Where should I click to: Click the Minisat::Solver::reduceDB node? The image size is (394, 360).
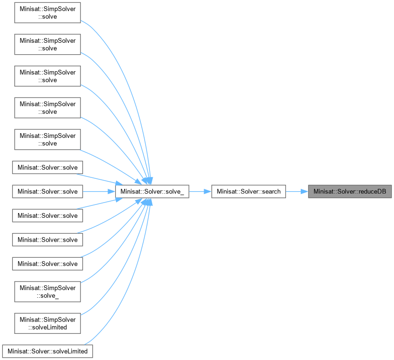click(350, 192)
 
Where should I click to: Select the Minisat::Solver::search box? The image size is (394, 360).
click(248, 192)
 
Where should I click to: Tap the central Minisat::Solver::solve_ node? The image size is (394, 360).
click(152, 192)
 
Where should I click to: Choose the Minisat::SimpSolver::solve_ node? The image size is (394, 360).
click(48, 291)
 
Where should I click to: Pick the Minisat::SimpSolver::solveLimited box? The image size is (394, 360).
click(48, 322)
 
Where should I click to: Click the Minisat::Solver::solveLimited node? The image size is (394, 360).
click(48, 351)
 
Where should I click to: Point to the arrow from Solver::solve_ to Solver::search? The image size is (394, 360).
click(200, 192)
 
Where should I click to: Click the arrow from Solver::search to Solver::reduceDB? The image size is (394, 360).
click(296, 192)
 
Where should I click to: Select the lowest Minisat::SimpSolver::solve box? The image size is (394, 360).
click(48, 140)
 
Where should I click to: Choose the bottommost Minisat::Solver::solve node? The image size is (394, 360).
click(48, 263)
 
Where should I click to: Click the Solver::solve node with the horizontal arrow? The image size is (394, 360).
click(48, 192)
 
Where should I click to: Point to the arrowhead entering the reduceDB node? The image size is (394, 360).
click(305, 192)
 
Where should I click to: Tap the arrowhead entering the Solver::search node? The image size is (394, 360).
click(208, 192)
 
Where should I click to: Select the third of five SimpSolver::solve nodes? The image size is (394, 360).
click(48, 77)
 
